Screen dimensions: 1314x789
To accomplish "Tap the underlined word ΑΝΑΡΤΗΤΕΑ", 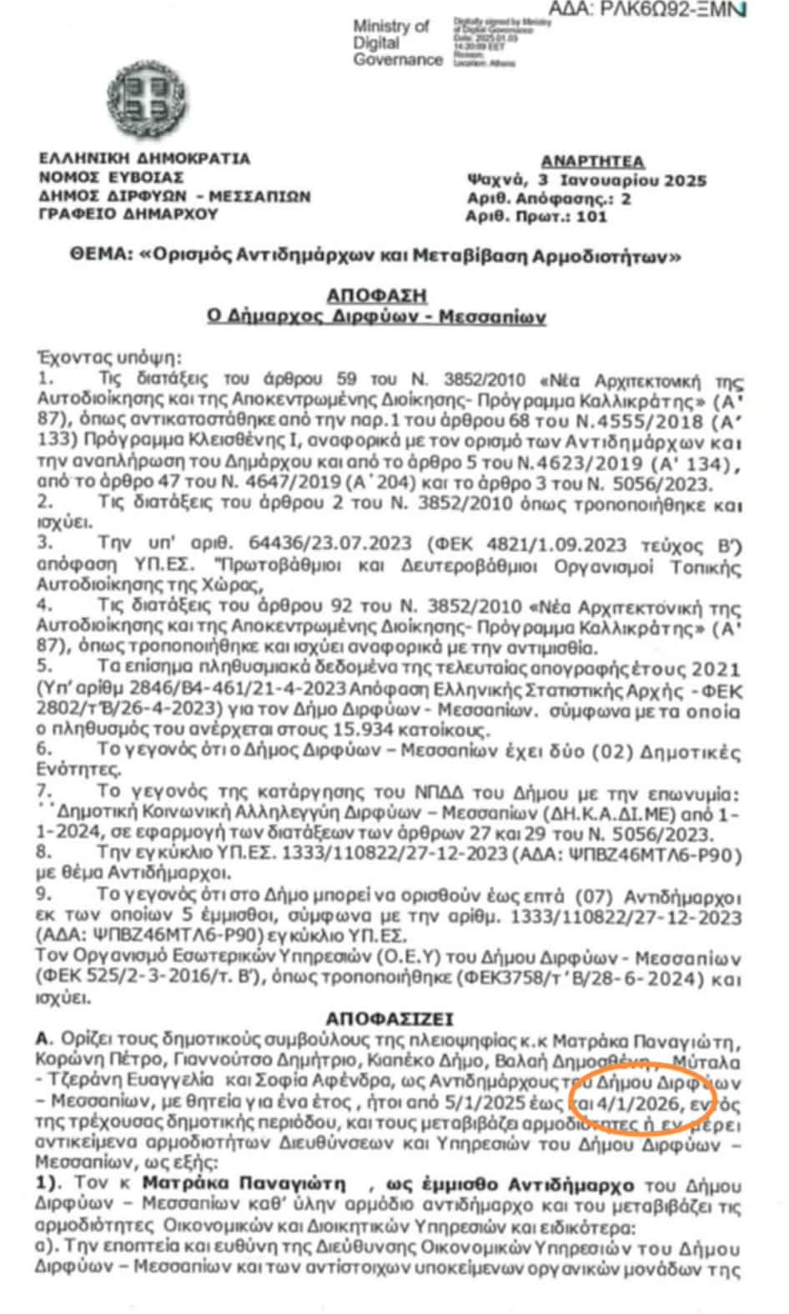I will (x=591, y=161).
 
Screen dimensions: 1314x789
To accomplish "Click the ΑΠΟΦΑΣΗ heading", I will (x=376, y=295).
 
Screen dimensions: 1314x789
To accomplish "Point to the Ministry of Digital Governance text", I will (x=397, y=43).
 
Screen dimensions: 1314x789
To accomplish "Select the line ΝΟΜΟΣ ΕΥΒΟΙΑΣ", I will (x=111, y=177).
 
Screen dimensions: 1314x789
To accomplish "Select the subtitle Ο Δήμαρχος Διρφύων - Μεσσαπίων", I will (x=376, y=316).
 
